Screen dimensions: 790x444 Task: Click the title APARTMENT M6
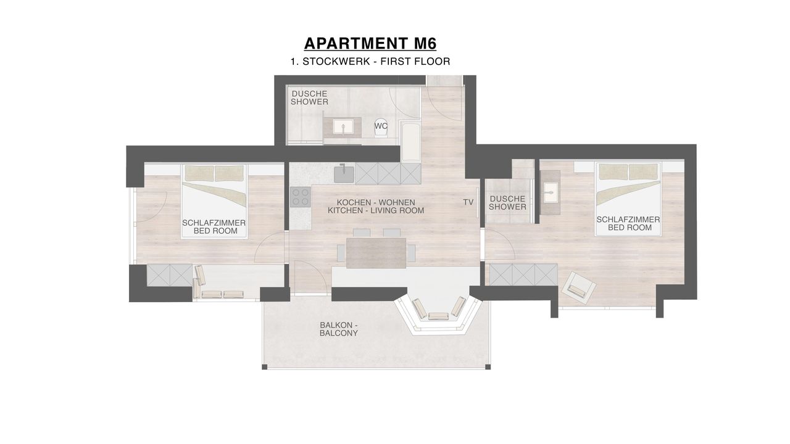pyautogui.click(x=370, y=44)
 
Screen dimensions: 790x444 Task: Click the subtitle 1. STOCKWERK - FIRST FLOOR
pyautogui.click(x=370, y=61)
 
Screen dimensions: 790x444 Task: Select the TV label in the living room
pyautogui.click(x=468, y=202)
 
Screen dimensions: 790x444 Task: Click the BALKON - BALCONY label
pyautogui.click(x=339, y=329)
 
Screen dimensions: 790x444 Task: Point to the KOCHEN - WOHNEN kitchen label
pyautogui.click(x=376, y=203)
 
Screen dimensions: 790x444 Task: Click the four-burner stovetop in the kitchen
pyautogui.click(x=301, y=197)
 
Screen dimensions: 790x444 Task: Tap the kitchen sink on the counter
pyautogui.click(x=344, y=174)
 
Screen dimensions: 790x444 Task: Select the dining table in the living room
pyautogui.click(x=376, y=253)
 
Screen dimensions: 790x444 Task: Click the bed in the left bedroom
pyautogui.click(x=214, y=202)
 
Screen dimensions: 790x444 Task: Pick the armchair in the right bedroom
pyautogui.click(x=579, y=287)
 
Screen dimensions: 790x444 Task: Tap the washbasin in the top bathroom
pyautogui.click(x=343, y=127)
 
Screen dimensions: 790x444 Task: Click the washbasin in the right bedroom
pyautogui.click(x=550, y=193)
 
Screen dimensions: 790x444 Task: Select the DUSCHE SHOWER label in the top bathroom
pyautogui.click(x=309, y=98)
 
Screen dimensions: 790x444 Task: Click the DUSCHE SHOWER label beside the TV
pyautogui.click(x=507, y=203)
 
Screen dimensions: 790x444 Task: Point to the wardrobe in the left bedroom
pyautogui.click(x=170, y=275)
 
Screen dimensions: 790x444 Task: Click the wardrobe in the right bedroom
pyautogui.click(x=523, y=274)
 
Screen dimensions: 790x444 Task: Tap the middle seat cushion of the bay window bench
pyautogui.click(x=438, y=316)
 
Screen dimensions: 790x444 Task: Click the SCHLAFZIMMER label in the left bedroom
pyautogui.click(x=214, y=223)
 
